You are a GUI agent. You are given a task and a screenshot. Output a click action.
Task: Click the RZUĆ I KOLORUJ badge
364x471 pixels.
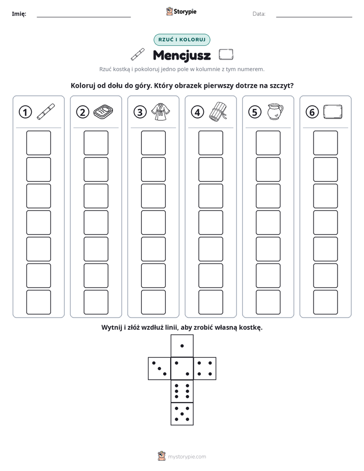(181, 40)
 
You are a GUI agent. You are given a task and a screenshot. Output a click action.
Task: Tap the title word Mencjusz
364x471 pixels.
(181, 56)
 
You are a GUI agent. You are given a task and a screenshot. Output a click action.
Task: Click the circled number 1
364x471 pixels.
(25, 112)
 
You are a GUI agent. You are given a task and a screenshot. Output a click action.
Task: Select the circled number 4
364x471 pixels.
(197, 112)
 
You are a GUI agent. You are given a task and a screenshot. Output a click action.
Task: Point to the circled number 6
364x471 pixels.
(312, 112)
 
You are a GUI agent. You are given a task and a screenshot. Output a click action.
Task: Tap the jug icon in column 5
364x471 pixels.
(275, 112)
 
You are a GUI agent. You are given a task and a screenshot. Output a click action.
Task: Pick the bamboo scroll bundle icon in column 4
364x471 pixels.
(218, 111)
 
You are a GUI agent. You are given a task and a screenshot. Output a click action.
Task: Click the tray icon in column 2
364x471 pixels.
(103, 112)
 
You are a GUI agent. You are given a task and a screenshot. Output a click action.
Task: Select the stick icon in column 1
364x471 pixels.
(46, 112)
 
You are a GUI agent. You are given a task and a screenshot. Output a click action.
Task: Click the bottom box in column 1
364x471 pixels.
(38, 302)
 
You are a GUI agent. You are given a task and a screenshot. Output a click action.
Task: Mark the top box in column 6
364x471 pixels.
(326, 143)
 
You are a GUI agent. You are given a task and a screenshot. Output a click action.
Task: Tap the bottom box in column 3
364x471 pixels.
(153, 302)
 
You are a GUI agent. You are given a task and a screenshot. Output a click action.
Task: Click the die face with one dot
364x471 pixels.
(182, 346)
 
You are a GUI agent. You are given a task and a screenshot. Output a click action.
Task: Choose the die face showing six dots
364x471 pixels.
(182, 391)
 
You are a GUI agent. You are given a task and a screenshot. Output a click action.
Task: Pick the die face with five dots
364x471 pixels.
(182, 413)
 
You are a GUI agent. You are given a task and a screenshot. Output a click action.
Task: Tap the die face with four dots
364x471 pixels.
(205, 369)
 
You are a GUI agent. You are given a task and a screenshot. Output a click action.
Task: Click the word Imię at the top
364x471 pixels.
(19, 14)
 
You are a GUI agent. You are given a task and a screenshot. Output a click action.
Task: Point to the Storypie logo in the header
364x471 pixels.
(181, 11)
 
